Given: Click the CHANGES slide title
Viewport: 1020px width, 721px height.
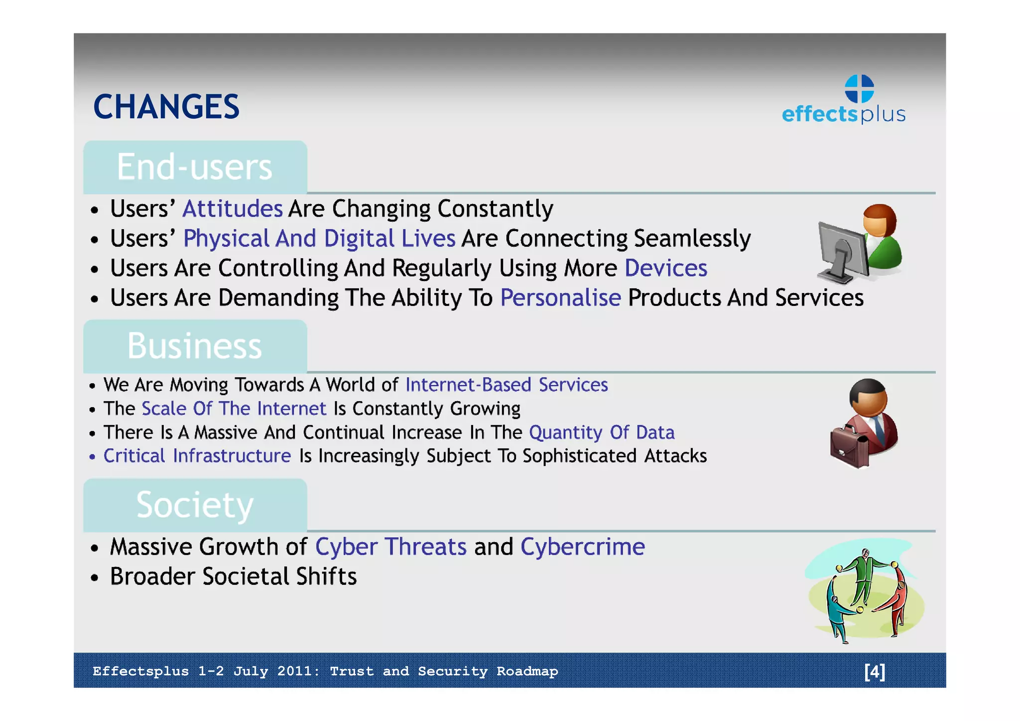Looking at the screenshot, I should click(x=166, y=107).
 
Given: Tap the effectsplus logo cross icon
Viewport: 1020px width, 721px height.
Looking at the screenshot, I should click(x=859, y=89).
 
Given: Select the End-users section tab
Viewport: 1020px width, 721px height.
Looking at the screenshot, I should click(x=195, y=167).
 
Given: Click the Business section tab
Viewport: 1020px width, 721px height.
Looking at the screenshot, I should click(x=195, y=346).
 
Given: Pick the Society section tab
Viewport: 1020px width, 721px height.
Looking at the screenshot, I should click(x=195, y=505).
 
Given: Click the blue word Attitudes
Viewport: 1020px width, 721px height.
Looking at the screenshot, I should click(x=233, y=209).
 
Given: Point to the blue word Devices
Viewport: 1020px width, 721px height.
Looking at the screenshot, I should click(x=666, y=268).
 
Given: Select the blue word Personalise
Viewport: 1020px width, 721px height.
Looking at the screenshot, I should click(x=560, y=298).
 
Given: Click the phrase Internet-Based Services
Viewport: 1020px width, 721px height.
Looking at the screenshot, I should click(x=507, y=385).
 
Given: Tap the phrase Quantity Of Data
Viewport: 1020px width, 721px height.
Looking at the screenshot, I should click(x=602, y=433).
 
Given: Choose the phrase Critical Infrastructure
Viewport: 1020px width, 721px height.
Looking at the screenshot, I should click(x=197, y=456).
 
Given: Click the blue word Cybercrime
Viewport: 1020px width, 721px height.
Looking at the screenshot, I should click(x=583, y=547).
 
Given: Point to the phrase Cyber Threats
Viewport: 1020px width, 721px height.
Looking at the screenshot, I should click(x=391, y=547).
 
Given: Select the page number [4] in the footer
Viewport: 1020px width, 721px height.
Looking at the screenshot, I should click(x=875, y=671).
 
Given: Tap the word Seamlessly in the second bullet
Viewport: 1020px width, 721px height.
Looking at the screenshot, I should click(x=692, y=239).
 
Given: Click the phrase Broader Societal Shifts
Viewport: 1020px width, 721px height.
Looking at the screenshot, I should click(x=234, y=577).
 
